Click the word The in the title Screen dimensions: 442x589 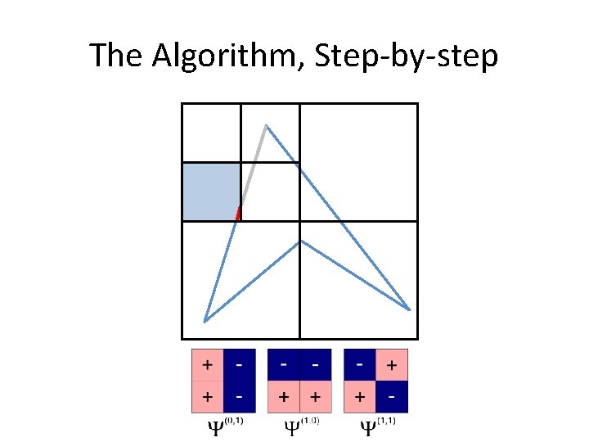[114, 56]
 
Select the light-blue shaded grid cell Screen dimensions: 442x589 [210, 192]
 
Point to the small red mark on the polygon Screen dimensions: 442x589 [238, 214]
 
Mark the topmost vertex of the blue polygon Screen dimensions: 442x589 [266, 125]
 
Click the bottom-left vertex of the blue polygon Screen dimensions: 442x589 [205, 321]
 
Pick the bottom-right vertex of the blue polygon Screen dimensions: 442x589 [409, 309]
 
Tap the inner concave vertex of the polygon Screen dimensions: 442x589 [301, 240]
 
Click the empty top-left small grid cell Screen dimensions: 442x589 [211, 133]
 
